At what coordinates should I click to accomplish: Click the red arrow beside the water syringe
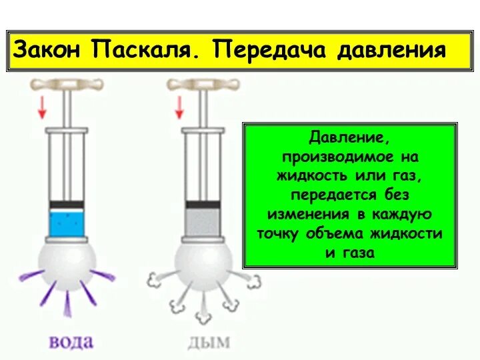coord(41,106)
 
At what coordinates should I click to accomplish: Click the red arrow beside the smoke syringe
coord(178,106)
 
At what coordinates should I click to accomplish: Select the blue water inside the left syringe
coord(67,221)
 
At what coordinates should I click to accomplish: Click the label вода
coord(71,343)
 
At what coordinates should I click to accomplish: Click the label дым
coord(209,343)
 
